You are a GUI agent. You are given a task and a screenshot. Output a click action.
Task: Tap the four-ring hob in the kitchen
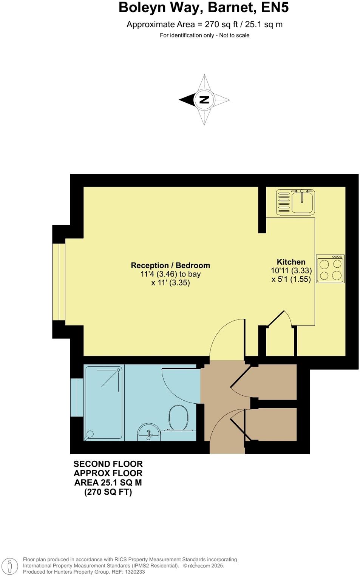point(330,269)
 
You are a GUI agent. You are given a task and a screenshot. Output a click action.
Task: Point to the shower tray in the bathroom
point(104,403)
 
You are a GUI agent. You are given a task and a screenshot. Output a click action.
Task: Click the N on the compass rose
point(204,100)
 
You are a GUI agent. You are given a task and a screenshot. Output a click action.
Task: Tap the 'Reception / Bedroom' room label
point(170,265)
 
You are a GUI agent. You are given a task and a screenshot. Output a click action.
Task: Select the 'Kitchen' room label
point(291,262)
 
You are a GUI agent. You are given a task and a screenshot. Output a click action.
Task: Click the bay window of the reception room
point(59,281)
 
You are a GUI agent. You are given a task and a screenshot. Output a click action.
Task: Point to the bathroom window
point(77,397)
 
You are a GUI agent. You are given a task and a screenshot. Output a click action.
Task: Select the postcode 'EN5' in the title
point(275,8)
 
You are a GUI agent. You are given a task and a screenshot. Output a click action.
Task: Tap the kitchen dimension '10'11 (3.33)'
point(291,271)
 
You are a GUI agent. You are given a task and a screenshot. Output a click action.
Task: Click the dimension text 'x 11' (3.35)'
point(170,283)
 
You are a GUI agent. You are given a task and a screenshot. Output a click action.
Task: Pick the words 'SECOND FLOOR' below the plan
point(108,464)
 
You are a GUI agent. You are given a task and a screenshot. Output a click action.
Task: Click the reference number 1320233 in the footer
point(135,572)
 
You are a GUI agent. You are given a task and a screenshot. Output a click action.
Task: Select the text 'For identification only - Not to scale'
point(204,35)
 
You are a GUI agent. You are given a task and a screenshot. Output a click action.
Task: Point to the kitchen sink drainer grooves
point(284,202)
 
